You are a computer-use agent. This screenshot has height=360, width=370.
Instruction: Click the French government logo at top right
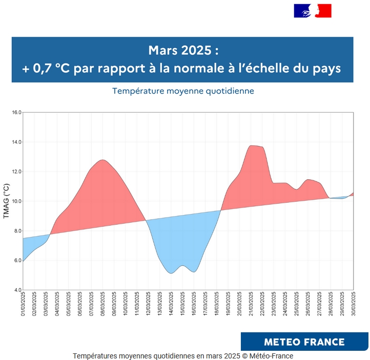[x=313, y=11]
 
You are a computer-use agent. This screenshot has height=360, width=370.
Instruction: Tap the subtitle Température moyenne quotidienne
[x=183, y=91]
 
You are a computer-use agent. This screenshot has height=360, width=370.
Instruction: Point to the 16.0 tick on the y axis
[x=15, y=112]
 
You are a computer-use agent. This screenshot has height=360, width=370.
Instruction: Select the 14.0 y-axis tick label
[x=15, y=142]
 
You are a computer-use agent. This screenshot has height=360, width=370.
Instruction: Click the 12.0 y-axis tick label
[x=15, y=172]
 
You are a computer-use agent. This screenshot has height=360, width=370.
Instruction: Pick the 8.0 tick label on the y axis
[x=15, y=231]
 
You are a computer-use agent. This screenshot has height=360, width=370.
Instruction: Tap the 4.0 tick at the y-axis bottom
[x=15, y=290]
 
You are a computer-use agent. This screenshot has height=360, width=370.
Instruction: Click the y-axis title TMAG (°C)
[x=6, y=201]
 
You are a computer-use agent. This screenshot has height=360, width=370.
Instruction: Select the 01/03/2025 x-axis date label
[x=23, y=304]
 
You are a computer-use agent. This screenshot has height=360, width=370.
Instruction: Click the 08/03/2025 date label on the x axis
[x=103, y=304]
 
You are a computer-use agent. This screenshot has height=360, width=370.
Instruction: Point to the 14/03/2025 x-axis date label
[x=171, y=304]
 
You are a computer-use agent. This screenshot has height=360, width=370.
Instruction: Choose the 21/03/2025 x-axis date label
[x=251, y=304]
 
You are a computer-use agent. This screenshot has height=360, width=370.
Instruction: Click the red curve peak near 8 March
[x=103, y=160]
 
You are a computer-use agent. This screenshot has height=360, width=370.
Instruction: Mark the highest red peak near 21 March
[x=252, y=145]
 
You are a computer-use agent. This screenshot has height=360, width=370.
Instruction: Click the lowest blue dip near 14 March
[x=171, y=273]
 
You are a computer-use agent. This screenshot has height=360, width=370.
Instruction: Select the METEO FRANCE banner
[x=304, y=342]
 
